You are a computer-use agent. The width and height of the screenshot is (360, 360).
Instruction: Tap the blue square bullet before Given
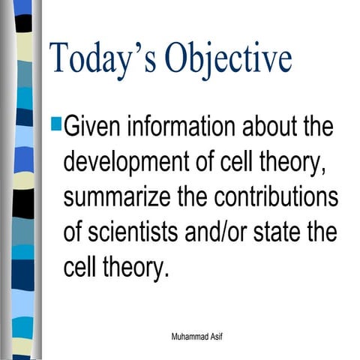click(x=57, y=118)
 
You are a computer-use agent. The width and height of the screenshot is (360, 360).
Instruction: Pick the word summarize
click(x=126, y=196)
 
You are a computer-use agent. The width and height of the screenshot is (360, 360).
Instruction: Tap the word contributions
click(x=276, y=196)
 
